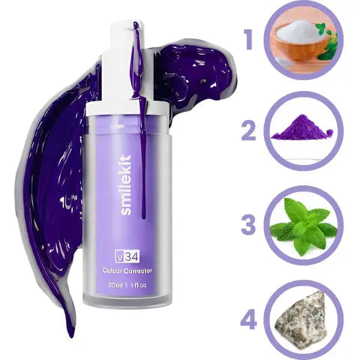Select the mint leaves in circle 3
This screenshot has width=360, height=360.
pyautogui.click(x=301, y=223)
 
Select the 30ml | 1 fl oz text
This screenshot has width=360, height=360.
pyautogui.click(x=124, y=285)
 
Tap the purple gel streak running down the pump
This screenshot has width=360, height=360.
pyautogui.click(x=137, y=60)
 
